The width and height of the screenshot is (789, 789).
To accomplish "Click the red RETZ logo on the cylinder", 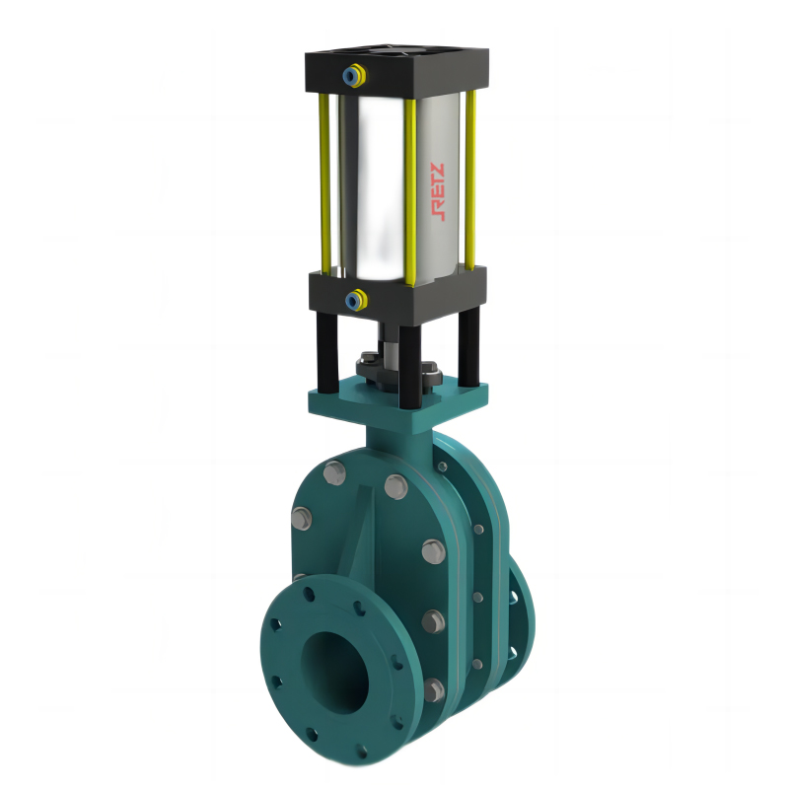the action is pos(438,191).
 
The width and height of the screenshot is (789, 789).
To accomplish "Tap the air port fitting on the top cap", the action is pos(354,76).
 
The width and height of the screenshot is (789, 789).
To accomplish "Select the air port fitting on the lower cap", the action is pos(356,301).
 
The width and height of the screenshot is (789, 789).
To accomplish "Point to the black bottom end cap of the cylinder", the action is pos(397,295).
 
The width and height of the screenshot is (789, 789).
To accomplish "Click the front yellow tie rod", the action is pos(410,192).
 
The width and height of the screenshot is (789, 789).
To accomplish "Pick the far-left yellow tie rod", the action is pos(324,183).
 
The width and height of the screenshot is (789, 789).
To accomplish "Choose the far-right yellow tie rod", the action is pos(470,179).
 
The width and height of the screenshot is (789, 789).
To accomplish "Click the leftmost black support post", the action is pos(326,351).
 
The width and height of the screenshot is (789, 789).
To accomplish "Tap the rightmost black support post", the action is pos(468,347).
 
